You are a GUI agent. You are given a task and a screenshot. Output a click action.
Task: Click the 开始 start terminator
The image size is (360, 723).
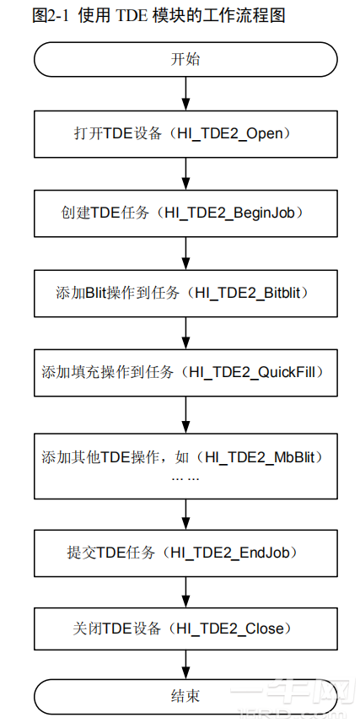(185, 60)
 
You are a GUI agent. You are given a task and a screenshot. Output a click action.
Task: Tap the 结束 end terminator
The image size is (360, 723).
(185, 695)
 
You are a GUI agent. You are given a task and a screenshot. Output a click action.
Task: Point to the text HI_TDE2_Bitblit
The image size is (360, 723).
(252, 293)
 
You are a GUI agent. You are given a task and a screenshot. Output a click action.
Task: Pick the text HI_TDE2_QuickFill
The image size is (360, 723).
(252, 372)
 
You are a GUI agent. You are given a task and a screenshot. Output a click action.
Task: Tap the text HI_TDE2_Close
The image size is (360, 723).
(229, 629)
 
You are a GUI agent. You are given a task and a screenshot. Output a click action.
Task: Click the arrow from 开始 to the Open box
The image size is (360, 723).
(185, 94)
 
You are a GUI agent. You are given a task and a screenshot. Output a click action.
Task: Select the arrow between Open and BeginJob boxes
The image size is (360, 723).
(185, 174)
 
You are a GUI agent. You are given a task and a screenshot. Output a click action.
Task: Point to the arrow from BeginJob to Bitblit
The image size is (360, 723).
(185, 253)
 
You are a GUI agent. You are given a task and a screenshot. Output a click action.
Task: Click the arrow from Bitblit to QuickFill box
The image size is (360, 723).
(185, 332)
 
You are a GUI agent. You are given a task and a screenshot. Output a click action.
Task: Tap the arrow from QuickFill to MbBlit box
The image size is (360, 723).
(185, 414)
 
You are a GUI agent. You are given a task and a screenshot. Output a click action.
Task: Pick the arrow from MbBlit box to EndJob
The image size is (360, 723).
(185, 514)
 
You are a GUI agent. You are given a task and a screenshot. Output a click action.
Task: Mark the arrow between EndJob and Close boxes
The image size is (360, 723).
(185, 592)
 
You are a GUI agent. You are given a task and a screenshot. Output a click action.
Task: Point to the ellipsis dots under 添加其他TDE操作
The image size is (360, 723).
(185, 478)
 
